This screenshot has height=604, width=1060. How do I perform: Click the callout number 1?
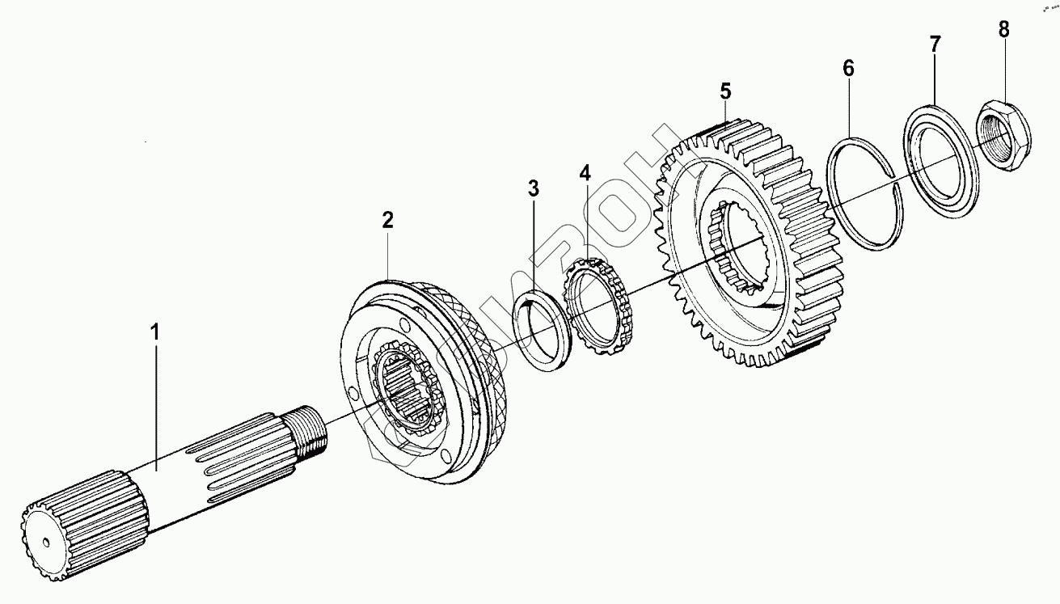155,332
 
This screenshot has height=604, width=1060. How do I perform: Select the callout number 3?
533,189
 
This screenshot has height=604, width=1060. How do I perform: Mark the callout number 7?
934,44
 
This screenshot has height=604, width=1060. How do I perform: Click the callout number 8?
1003,31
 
